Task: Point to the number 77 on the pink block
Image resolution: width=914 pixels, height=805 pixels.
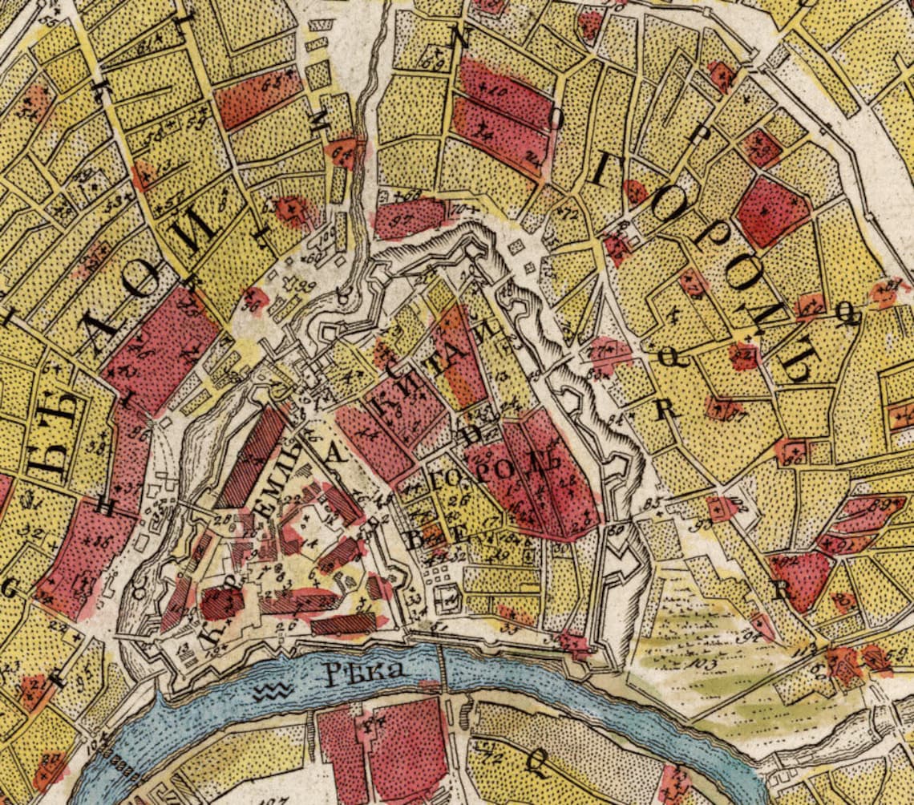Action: pyautogui.click(x=597, y=352)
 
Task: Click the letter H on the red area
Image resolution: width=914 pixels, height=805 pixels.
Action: pyautogui.click(x=104, y=504)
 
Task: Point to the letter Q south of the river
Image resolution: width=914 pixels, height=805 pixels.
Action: pyautogui.click(x=531, y=762)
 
